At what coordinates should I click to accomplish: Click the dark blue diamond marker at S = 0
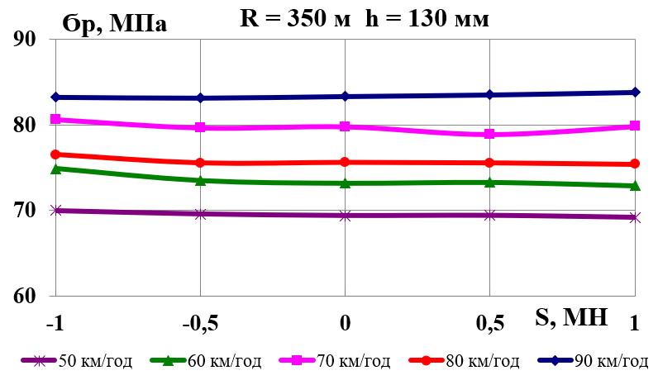[345, 97]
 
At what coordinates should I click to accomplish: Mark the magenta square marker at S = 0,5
[490, 134]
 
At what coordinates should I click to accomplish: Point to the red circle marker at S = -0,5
[200, 163]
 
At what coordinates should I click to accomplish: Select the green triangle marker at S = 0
[345, 183]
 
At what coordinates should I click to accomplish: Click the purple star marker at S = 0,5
[490, 215]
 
